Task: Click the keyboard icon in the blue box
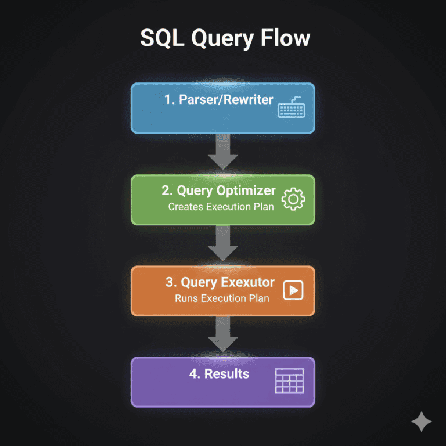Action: pyautogui.click(x=291, y=109)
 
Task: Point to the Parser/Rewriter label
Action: pyautogui.click(x=218, y=99)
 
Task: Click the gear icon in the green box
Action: pyautogui.click(x=293, y=199)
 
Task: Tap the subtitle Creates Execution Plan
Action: pyautogui.click(x=221, y=207)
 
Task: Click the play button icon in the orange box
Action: pyautogui.click(x=293, y=290)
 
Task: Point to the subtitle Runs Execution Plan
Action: pyautogui.click(x=222, y=298)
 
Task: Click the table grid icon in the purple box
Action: pyautogui.click(x=289, y=382)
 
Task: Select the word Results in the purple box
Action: pyautogui.click(x=227, y=374)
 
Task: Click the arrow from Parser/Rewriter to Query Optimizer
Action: pyautogui.click(x=223, y=152)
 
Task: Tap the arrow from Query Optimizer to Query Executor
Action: pyautogui.click(x=223, y=243)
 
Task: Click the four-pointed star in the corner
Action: pyautogui.click(x=421, y=422)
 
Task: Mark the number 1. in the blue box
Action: pyautogui.click(x=170, y=100)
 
